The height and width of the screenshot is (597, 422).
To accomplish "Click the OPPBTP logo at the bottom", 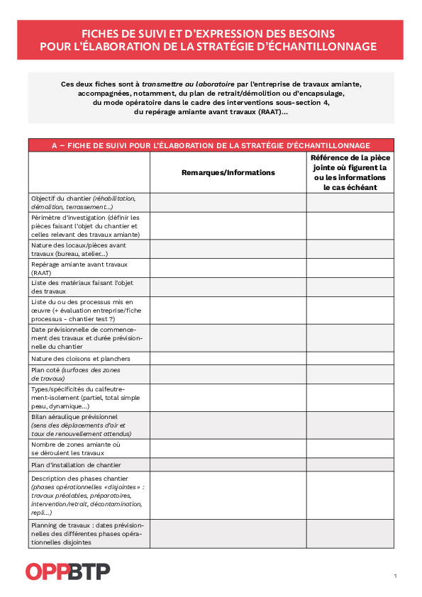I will [x=67, y=571].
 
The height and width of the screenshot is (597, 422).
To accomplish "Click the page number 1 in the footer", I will [x=395, y=575].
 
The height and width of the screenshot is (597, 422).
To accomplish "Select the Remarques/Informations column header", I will [x=228, y=172].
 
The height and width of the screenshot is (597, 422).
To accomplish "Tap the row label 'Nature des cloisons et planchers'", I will [x=70, y=359].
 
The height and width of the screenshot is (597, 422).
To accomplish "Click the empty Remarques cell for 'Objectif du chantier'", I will [x=228, y=202].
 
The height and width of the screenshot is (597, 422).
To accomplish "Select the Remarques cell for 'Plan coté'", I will [x=228, y=374].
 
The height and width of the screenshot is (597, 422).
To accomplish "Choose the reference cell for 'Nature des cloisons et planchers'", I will [x=350, y=359].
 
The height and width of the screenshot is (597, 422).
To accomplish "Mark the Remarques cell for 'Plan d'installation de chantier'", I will [x=228, y=465].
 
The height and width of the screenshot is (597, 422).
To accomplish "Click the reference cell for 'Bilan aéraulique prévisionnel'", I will [x=350, y=425].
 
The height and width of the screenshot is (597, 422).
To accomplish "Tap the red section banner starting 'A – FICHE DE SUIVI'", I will [x=211, y=145].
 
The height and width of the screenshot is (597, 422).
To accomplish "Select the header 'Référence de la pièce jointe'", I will [x=350, y=172].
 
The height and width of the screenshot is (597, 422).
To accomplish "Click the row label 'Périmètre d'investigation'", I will [x=85, y=225].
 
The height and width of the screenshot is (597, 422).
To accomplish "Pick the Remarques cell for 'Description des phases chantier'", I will [x=228, y=495].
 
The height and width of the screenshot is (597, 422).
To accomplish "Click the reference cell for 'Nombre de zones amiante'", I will [x=350, y=449].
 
